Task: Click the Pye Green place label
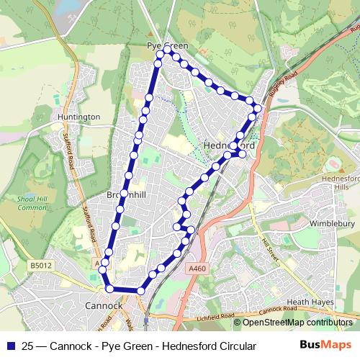pyautogui.click(x=168, y=45)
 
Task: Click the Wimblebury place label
pyautogui.click(x=332, y=224)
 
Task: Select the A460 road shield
pyautogui.click(x=196, y=269)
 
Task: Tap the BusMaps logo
pyautogui.click(x=325, y=345)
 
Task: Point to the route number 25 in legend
pyautogui.click(x=27, y=346)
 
